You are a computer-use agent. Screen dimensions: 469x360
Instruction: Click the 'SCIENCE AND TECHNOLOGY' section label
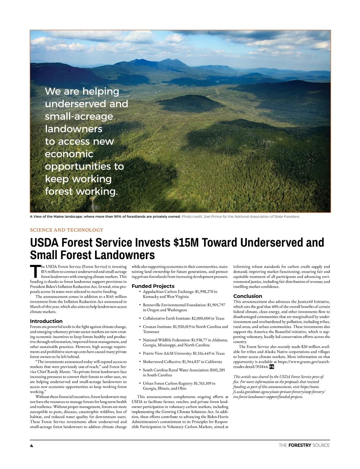67,230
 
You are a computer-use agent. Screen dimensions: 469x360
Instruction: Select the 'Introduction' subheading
46,321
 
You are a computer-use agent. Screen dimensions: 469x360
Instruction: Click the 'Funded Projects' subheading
153,286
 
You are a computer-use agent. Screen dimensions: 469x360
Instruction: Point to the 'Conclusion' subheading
248,296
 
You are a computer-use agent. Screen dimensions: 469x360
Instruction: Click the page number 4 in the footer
31,446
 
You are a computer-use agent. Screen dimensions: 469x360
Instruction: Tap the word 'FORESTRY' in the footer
299,445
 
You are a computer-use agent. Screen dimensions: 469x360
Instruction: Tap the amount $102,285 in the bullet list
217,370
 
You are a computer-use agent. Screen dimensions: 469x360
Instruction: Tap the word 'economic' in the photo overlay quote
69,154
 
